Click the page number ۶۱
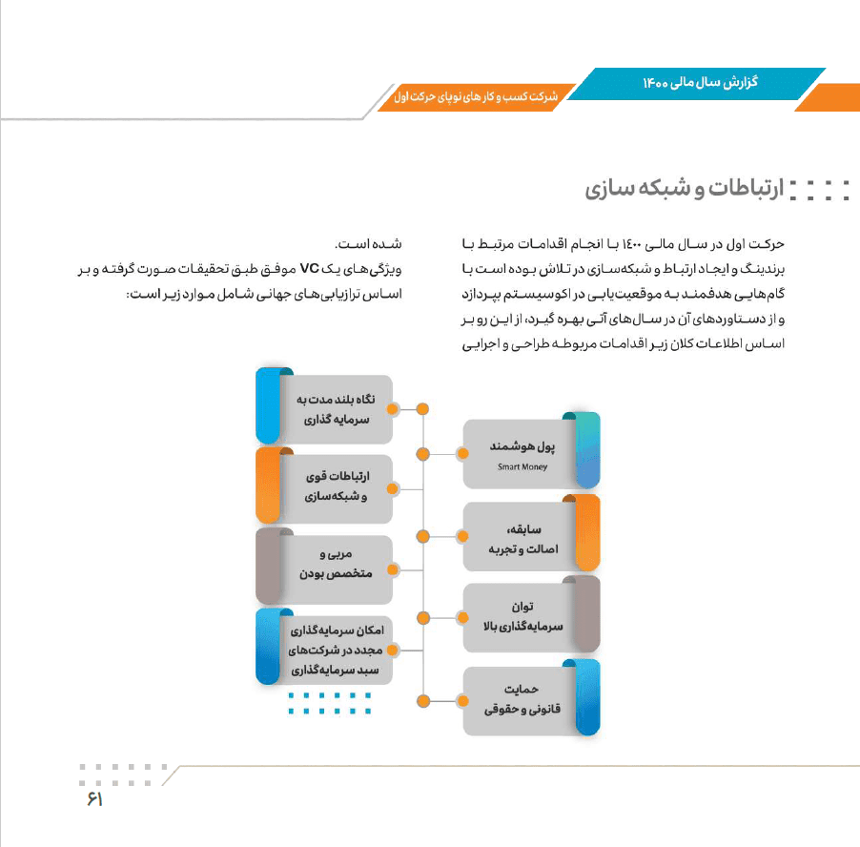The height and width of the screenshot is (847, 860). [x=93, y=799]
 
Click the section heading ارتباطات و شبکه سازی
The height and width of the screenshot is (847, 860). [x=684, y=189]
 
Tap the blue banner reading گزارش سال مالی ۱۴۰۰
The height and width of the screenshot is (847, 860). [x=701, y=83]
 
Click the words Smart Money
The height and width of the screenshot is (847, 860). [x=522, y=467]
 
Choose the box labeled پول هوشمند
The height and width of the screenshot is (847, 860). [x=520, y=453]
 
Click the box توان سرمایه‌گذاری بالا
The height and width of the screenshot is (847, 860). [x=520, y=617]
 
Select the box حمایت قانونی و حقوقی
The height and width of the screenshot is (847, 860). [x=520, y=700]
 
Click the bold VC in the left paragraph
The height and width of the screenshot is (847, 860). [x=309, y=268]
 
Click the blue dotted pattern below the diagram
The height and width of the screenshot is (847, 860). [x=329, y=703]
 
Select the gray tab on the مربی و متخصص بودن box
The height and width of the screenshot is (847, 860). [x=270, y=567]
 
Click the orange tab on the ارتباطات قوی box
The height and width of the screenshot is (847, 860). [x=270, y=485]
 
